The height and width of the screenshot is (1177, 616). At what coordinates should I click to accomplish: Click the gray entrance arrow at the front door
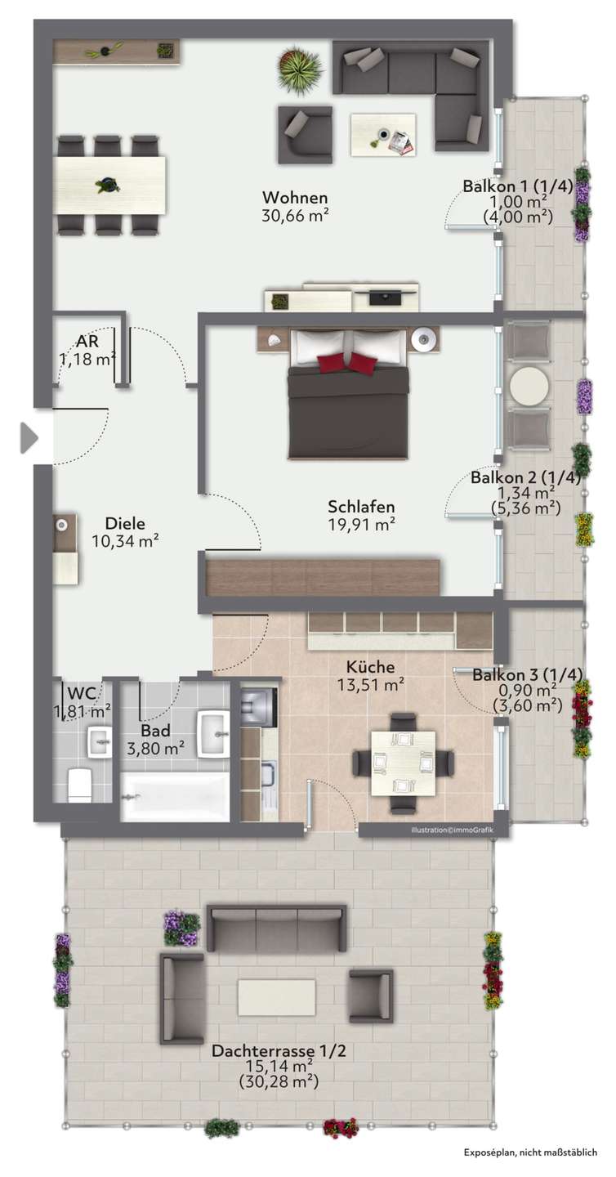pyautogui.click(x=29, y=437)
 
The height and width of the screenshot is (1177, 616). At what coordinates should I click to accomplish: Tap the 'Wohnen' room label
pyautogui.click(x=295, y=198)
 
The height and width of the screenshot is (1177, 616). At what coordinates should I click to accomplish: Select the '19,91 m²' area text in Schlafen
pyautogui.click(x=361, y=525)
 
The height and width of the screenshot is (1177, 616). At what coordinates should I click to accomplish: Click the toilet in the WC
pyautogui.click(x=80, y=785)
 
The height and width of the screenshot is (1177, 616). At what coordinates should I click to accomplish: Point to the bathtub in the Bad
pyautogui.click(x=176, y=796)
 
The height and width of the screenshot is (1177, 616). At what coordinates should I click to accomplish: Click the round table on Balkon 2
pyautogui.click(x=529, y=386)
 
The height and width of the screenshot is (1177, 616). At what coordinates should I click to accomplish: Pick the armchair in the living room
pyautogui.click(x=305, y=135)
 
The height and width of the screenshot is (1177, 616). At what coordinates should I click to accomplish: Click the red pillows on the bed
pyautogui.click(x=348, y=363)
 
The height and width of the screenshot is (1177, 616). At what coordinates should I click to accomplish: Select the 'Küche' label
pyautogui.click(x=370, y=667)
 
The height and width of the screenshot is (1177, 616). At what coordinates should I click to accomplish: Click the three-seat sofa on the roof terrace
pyautogui.click(x=277, y=929)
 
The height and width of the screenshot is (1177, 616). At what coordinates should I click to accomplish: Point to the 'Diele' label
pyautogui.click(x=125, y=523)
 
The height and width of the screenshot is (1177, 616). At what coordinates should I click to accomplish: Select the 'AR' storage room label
pyautogui.click(x=87, y=342)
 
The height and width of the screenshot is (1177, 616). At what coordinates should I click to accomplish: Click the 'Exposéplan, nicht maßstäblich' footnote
pyautogui.click(x=530, y=1152)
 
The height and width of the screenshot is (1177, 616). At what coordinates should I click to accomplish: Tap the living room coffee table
pyautogui.click(x=383, y=135)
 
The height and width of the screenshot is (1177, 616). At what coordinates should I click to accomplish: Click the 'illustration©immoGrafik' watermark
pyautogui.click(x=452, y=830)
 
